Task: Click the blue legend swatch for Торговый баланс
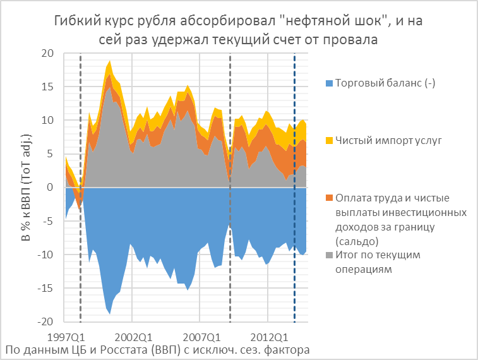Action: pyautogui.click(x=328, y=83)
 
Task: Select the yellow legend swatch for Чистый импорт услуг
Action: pyautogui.click(x=328, y=140)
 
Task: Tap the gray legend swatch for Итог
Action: pyautogui.click(x=328, y=255)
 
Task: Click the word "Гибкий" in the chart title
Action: pyautogui.click(x=75, y=21)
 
